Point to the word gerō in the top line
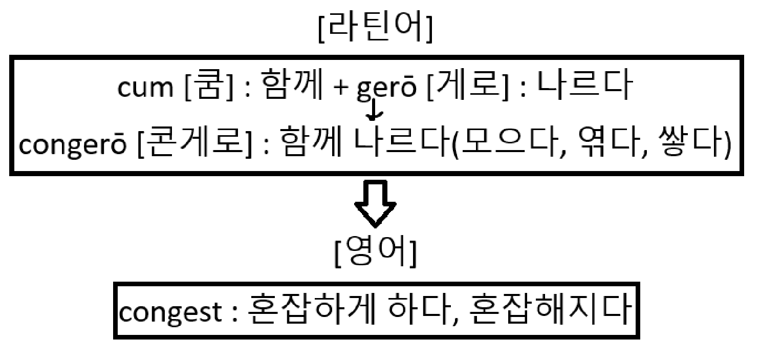tap(383, 90)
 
